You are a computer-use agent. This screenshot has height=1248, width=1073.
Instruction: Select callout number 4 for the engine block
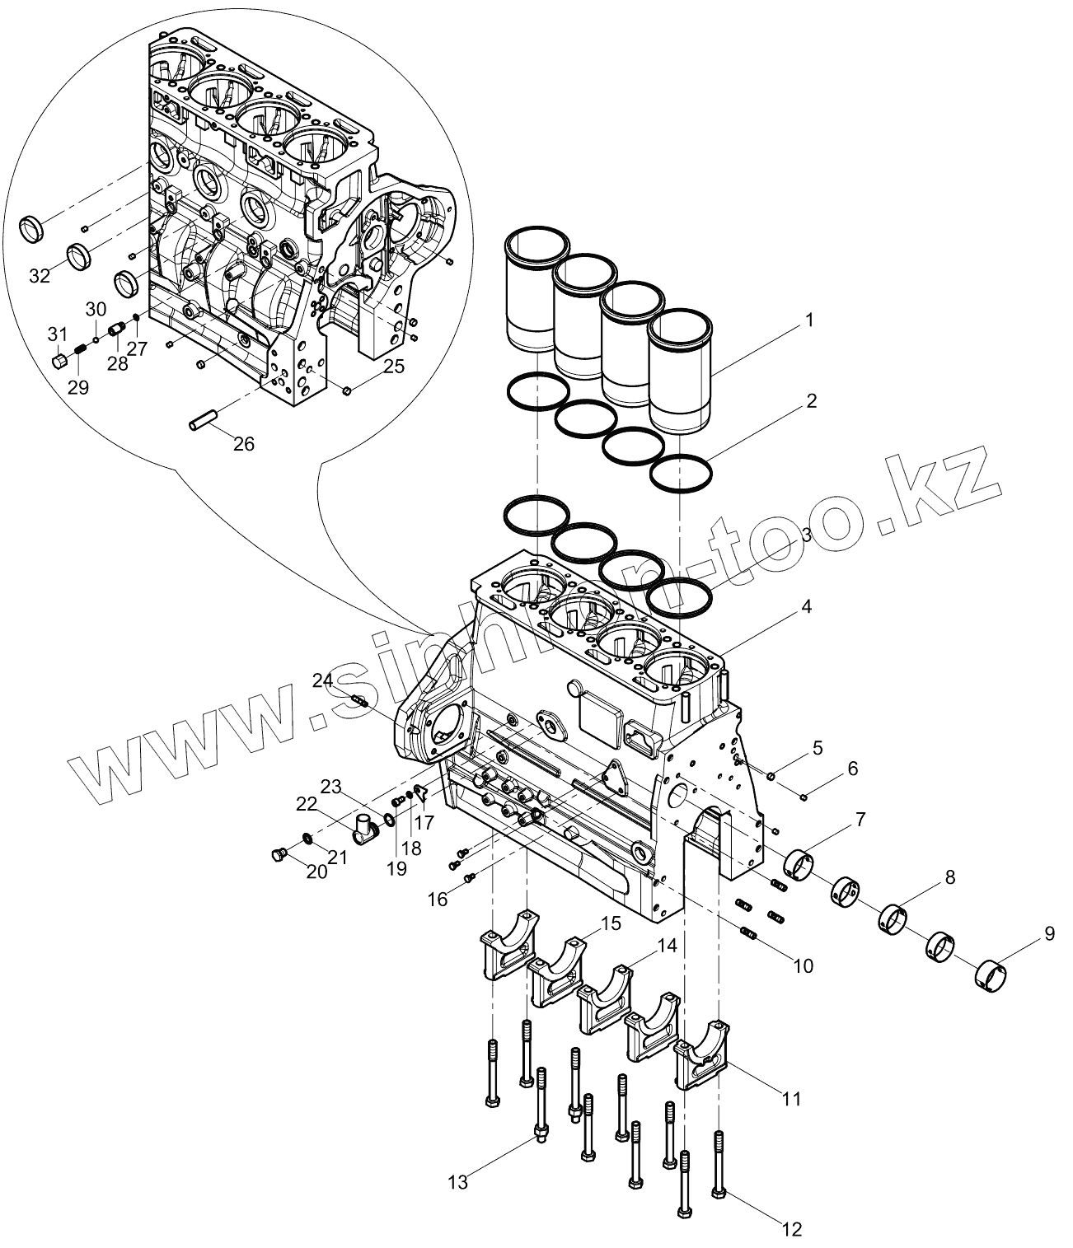pyautogui.click(x=805, y=608)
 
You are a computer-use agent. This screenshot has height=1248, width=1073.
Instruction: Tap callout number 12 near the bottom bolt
pyautogui.click(x=791, y=1230)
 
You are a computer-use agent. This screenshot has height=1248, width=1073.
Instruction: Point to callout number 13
pyautogui.click(x=458, y=1183)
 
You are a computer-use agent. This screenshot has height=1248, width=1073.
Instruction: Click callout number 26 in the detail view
pyautogui.click(x=244, y=444)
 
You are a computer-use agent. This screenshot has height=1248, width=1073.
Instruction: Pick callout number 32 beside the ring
pyautogui.click(x=40, y=277)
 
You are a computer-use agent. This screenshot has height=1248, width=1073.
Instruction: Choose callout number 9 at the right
pyautogui.click(x=1049, y=934)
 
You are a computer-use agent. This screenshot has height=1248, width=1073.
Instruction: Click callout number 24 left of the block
pyautogui.click(x=322, y=680)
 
